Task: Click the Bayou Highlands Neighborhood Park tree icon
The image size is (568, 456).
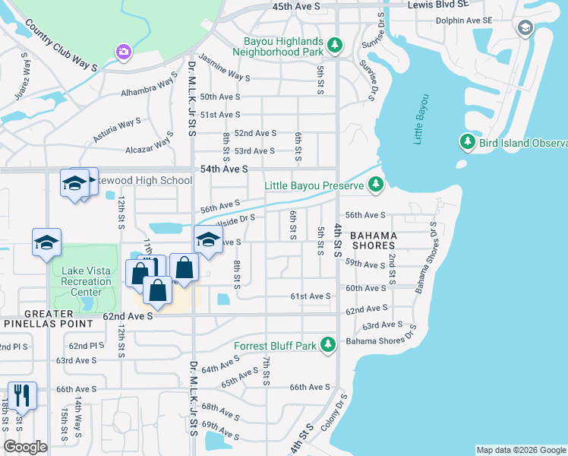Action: (x=334, y=47)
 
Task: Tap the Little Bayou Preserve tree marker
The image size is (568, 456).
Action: (x=375, y=185)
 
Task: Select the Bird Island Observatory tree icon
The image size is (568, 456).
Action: (x=467, y=142)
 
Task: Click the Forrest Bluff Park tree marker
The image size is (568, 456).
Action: (x=328, y=346)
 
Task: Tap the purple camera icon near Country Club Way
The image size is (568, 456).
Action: (x=123, y=52)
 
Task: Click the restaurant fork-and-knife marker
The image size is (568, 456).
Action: (x=22, y=395)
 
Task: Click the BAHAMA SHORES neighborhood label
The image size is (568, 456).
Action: (x=374, y=240)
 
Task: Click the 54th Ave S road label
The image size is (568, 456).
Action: (x=224, y=169)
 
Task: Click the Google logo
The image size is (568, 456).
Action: (x=25, y=446)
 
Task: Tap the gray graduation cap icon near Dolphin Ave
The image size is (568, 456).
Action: (x=525, y=29)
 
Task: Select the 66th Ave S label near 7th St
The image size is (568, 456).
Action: (x=308, y=387)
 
